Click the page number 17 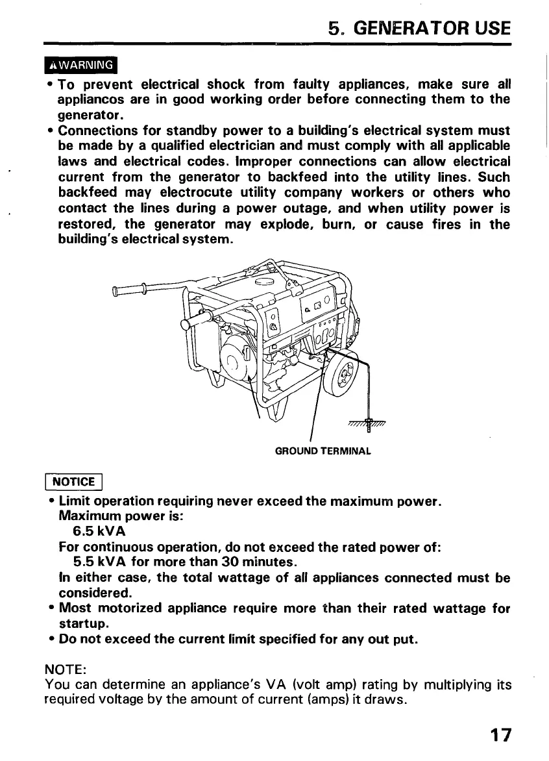500,735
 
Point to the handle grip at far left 130,290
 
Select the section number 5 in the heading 335,29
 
